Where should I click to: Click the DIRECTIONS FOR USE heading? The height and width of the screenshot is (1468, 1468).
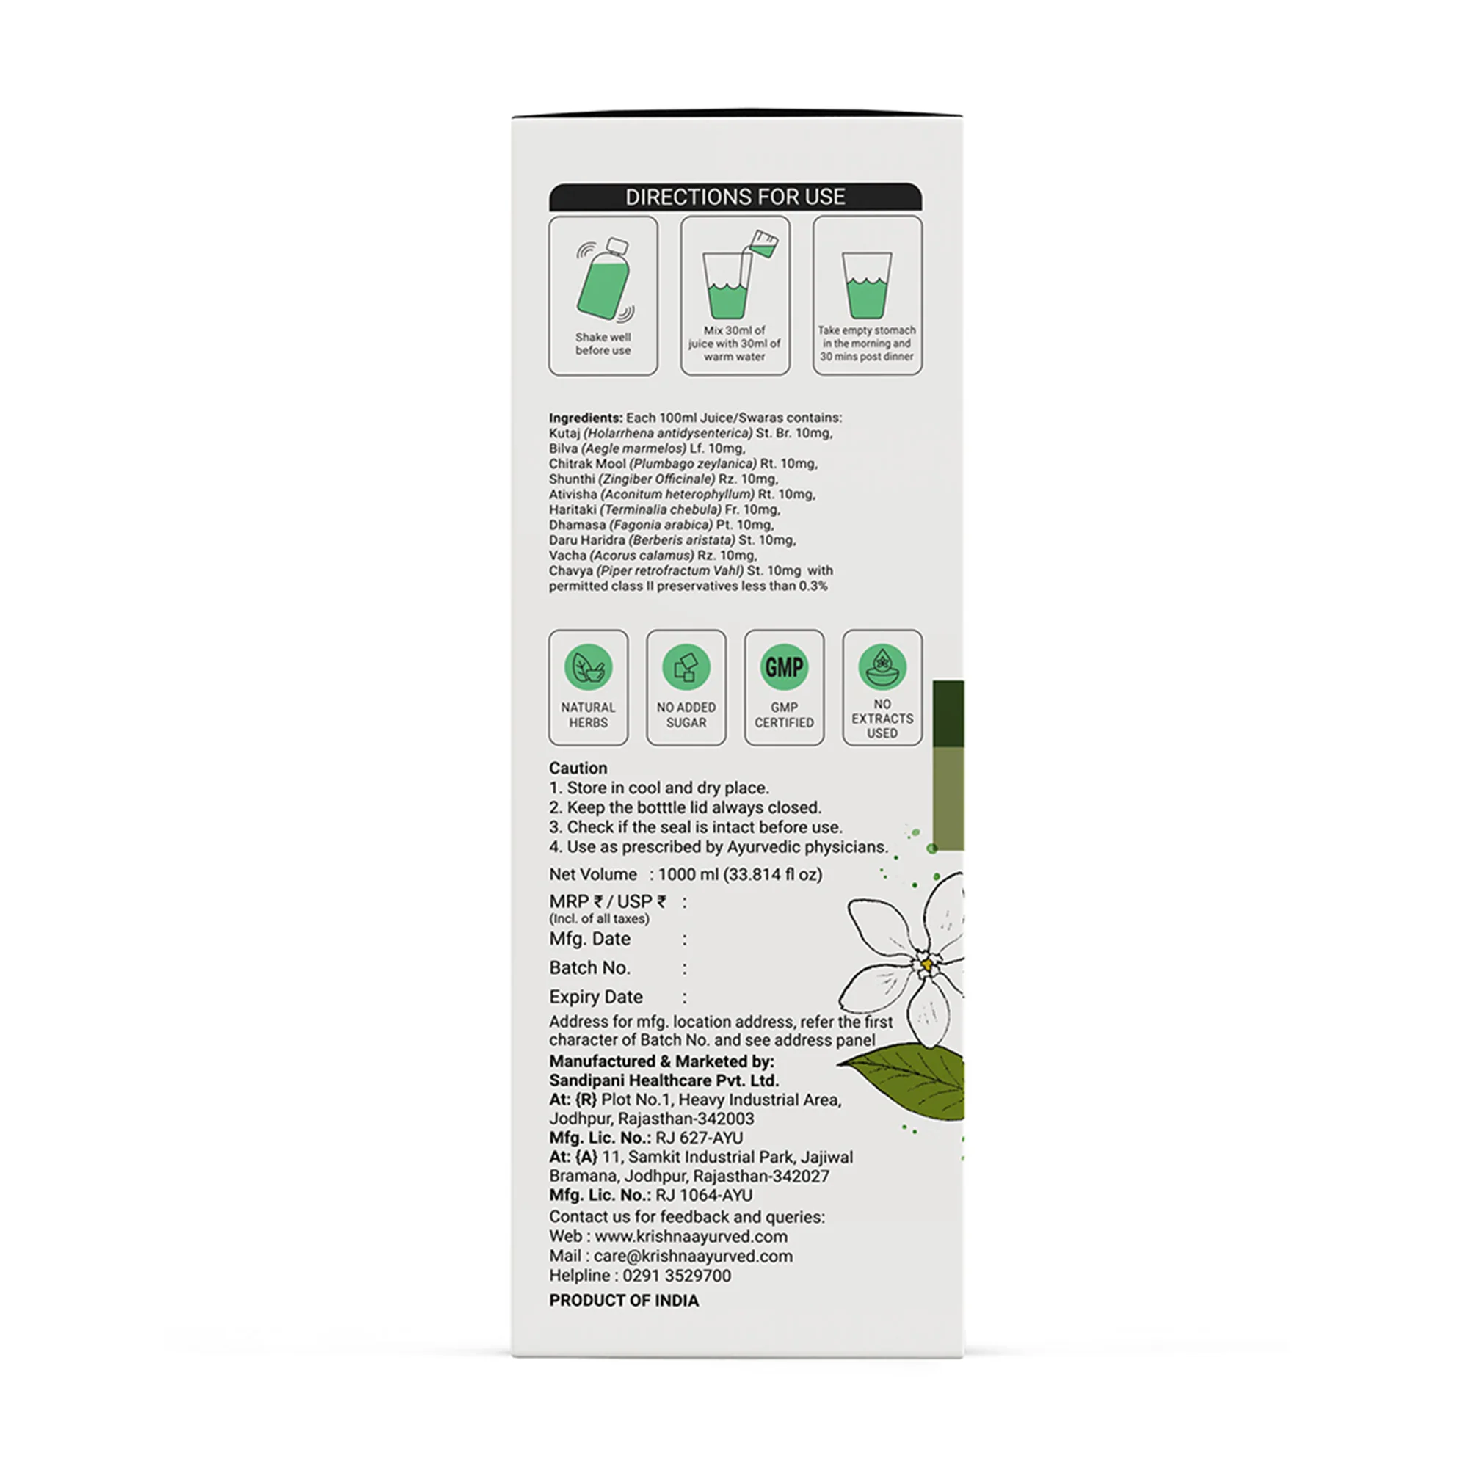735,197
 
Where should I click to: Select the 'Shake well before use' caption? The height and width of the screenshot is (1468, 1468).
603,344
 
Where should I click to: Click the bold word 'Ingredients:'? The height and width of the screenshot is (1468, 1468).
585,418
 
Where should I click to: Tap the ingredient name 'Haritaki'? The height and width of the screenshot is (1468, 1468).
573,510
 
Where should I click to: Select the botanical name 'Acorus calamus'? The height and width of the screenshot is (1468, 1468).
642,556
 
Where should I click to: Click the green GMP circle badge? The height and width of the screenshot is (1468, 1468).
783,667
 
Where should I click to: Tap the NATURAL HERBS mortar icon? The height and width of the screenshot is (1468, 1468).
588,667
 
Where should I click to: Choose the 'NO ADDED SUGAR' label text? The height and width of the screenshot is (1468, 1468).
686,715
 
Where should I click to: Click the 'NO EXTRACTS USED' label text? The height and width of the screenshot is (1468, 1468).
882,719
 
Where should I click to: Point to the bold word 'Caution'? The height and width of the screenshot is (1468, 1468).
578,768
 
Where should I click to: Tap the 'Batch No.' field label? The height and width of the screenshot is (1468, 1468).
589,968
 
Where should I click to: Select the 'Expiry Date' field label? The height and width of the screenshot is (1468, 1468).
596,997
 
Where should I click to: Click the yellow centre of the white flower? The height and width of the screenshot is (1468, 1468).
927,965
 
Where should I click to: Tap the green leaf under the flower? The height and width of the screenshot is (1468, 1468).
912,1078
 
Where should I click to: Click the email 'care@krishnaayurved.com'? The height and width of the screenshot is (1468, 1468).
693,1256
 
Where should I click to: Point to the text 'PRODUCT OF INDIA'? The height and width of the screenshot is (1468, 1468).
624,1300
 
